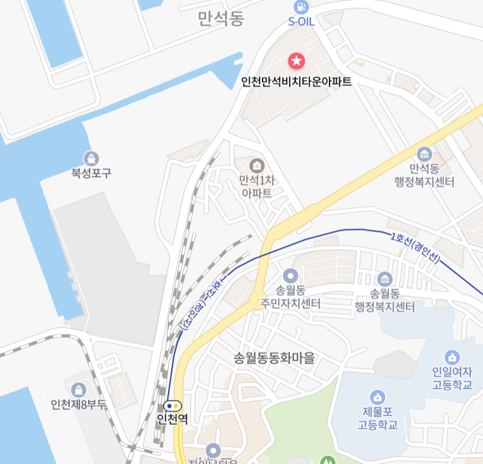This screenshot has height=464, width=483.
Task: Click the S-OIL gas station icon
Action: tap(299, 7)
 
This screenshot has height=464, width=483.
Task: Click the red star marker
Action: tap(296, 61)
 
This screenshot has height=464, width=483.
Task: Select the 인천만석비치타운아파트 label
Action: tap(296, 82)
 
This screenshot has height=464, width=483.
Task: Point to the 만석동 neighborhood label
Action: tap(221, 19)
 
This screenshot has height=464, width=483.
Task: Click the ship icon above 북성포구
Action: tap(91, 158)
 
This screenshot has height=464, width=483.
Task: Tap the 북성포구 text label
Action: tap(91, 173)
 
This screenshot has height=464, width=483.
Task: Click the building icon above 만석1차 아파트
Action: tap(257, 165)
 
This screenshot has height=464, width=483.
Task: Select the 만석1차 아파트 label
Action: tap(257, 186)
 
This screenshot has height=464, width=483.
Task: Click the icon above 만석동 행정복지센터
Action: tap(424, 154)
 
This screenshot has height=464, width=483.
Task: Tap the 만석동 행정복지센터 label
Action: tap(424, 176)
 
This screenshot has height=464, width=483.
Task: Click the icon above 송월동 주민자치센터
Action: tap(290, 276)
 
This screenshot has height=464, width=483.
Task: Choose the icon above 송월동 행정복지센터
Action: tap(385, 279)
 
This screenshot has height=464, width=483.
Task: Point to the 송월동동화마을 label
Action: tap(275, 358)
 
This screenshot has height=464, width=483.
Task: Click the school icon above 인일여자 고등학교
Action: tap(452, 356)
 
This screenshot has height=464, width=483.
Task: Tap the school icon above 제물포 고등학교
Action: tap(378, 397)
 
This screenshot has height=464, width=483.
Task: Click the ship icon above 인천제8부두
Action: tap(79, 389)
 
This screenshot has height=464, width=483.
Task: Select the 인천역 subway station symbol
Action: tap(172, 405)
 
